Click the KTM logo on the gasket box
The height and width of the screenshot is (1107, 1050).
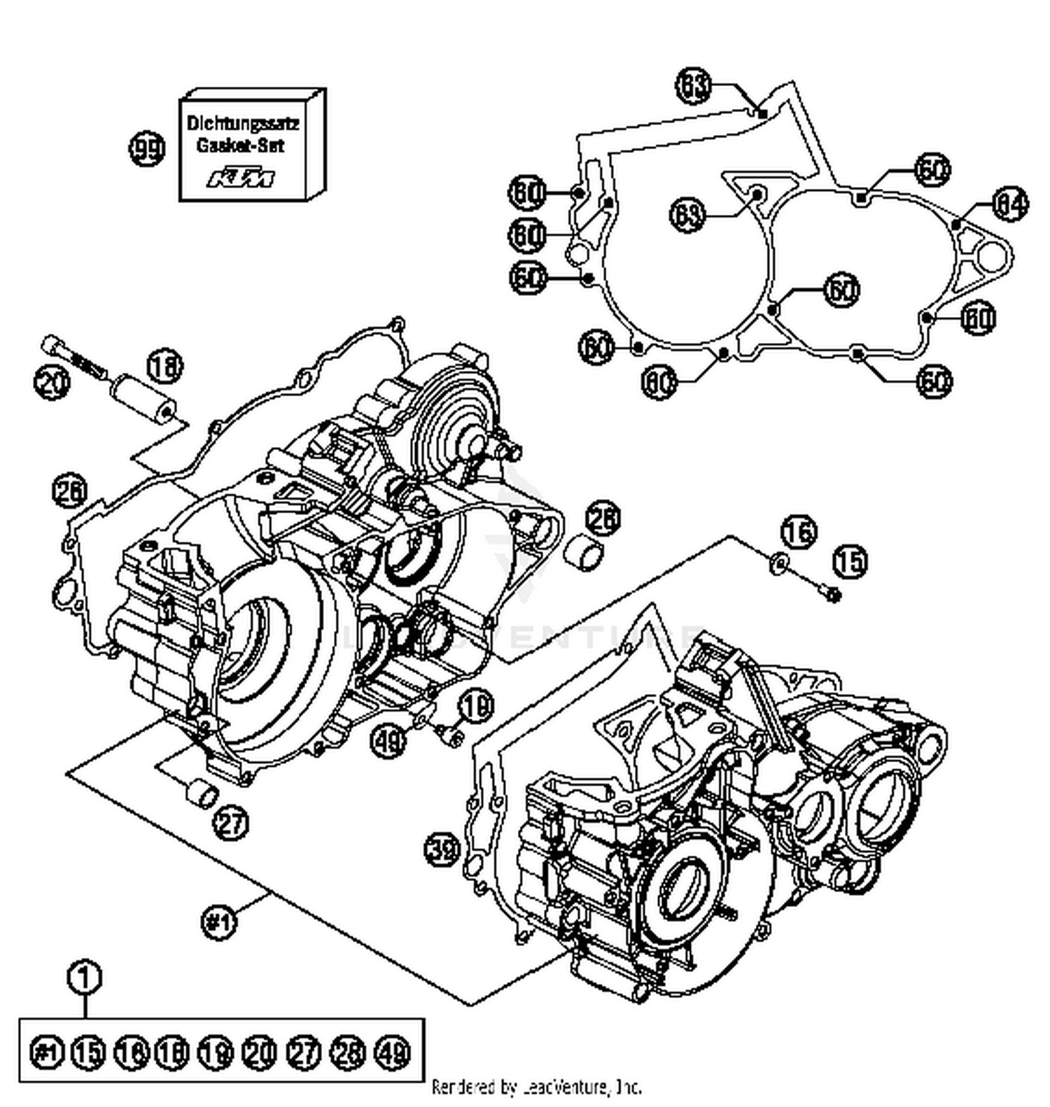tap(241, 179)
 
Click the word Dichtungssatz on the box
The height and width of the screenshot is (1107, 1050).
tap(243, 124)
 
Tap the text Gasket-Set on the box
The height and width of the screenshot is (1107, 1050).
tap(240, 146)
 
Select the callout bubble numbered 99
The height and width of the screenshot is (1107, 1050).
tap(147, 150)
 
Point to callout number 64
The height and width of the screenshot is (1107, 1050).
tap(1009, 204)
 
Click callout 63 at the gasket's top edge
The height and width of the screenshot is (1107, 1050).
tap(693, 86)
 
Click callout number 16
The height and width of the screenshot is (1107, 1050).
tap(799, 532)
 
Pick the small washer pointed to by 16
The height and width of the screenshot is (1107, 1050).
tap(778, 563)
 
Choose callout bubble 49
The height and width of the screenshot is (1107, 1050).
tap(388, 740)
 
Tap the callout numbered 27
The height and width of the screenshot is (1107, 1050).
tap(231, 822)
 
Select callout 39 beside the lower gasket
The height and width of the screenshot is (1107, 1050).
tap(442, 850)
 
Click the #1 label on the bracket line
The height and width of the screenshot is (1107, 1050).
tap(218, 921)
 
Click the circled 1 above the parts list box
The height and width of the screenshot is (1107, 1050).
tap(85, 977)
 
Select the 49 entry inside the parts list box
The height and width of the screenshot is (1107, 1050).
tap(393, 1052)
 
